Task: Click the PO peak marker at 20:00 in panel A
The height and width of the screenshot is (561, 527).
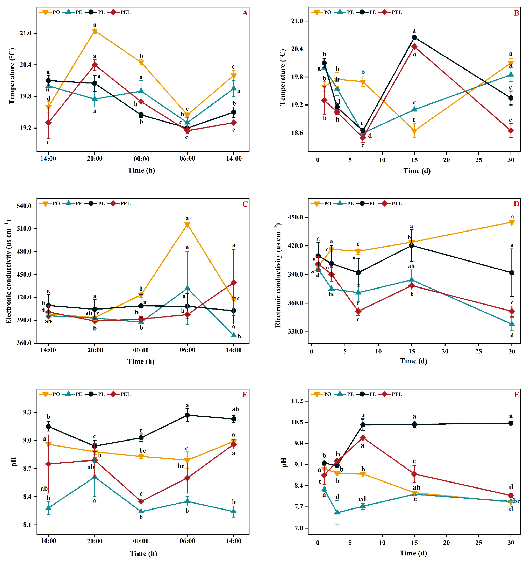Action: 95,31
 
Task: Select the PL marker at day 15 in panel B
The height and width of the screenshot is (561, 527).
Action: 414,37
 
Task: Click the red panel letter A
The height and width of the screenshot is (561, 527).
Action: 245,13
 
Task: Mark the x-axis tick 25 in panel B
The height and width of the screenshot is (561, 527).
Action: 478,160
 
